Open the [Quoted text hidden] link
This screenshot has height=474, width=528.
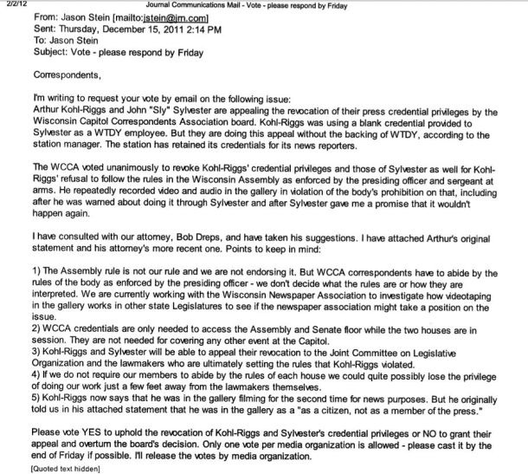pyautogui.click(x=66, y=468)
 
